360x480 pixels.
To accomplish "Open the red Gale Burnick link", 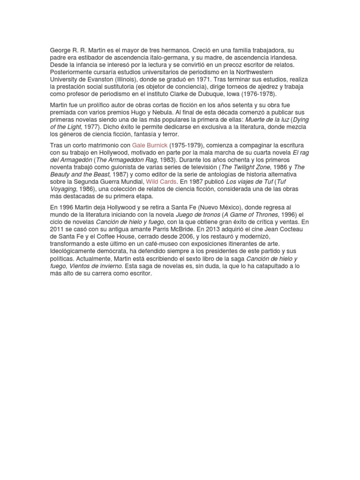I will (150, 146).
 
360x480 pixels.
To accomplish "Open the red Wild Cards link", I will (161, 181).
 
